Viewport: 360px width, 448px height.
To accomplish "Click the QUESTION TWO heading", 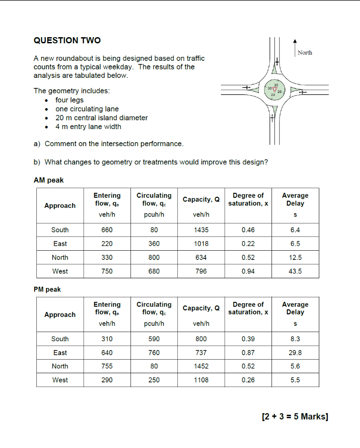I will click(67, 41).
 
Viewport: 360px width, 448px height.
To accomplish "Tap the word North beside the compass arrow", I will click(305, 52).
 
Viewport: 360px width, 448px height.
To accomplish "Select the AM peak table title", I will click(49, 180).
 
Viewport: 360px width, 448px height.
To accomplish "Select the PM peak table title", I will click(47, 289).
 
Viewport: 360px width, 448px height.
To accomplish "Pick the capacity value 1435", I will click(201, 230).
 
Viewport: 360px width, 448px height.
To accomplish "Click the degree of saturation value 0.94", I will click(248, 271).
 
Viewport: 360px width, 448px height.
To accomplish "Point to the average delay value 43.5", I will click(295, 271).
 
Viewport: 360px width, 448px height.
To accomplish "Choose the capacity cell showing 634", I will click(201, 257).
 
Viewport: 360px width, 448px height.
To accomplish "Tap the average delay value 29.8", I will click(295, 353).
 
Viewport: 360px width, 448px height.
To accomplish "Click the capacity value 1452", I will click(201, 366).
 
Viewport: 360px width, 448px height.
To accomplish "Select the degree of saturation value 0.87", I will click(248, 353).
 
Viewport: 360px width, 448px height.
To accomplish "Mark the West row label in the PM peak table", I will click(60, 380).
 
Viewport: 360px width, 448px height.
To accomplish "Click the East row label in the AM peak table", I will click(60, 244).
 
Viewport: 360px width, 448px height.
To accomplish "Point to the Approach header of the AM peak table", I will click(60, 206).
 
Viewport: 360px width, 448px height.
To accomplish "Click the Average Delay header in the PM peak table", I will click(295, 308).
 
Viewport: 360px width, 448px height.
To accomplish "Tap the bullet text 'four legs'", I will click(69, 100).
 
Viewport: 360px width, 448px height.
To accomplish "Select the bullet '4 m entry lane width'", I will click(88, 127).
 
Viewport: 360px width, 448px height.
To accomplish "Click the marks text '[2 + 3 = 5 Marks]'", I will click(294, 416).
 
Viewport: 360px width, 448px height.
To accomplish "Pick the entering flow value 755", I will click(107, 366).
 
